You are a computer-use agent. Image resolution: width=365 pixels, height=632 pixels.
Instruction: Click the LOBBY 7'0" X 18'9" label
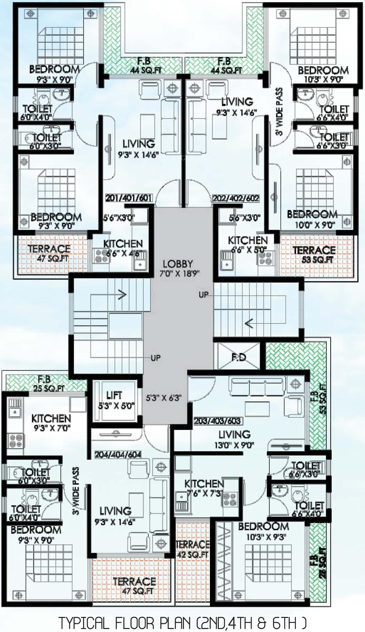pyautogui.click(x=179, y=268)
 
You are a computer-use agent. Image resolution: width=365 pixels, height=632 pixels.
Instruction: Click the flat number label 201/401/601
pyautogui.click(x=128, y=198)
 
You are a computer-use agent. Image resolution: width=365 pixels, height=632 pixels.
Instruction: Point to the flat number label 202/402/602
pyautogui.click(x=236, y=199)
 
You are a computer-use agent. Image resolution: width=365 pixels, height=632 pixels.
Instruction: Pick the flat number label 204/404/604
pyautogui.click(x=118, y=455)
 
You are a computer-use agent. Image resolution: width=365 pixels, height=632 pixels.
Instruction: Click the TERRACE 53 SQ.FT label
pyautogui.click(x=314, y=255)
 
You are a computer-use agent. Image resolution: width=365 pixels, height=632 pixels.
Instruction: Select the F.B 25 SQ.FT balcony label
pyautogui.click(x=47, y=383)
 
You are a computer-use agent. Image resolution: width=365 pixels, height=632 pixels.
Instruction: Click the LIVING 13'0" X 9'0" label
pyautogui.click(x=235, y=439)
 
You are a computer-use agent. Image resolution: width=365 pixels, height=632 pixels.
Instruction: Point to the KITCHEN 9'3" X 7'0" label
pyautogui.click(x=51, y=423)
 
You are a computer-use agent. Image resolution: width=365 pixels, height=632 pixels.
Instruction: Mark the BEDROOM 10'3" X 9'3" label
pyautogui.click(x=263, y=531)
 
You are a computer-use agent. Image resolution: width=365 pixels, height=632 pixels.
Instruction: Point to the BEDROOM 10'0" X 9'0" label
pyautogui.click(x=312, y=219)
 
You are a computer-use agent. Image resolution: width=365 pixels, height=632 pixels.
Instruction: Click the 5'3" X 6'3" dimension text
pyautogui.click(x=164, y=398)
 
